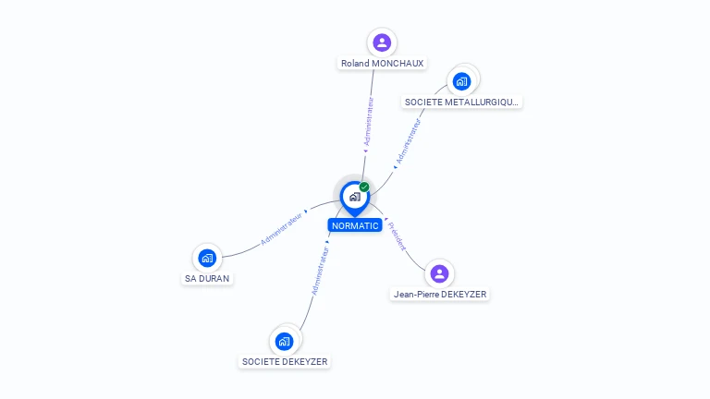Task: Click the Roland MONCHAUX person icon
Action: pos(382,42)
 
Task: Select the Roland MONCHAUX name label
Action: pos(382,64)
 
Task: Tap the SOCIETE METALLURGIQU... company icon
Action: pos(461,81)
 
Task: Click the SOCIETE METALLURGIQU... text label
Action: pos(461,103)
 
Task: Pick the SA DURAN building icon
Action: pos(207,258)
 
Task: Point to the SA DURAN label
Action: pos(207,279)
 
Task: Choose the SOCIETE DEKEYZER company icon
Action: pos(284,342)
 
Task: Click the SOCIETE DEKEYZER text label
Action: pos(285,362)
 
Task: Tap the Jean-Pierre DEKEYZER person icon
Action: pos(439,273)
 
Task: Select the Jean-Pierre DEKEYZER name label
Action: pos(440,295)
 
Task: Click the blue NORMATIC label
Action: pos(355,225)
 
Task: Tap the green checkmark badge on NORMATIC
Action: pos(364,187)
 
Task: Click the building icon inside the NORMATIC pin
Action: pos(355,197)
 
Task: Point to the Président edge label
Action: pos(398,236)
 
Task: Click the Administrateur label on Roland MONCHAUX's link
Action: pos(369,121)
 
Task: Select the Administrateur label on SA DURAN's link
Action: pos(281,229)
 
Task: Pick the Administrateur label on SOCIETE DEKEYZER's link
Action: pos(320,271)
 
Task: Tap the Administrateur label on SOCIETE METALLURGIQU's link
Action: pos(409,140)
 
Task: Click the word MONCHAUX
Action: pos(398,64)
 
